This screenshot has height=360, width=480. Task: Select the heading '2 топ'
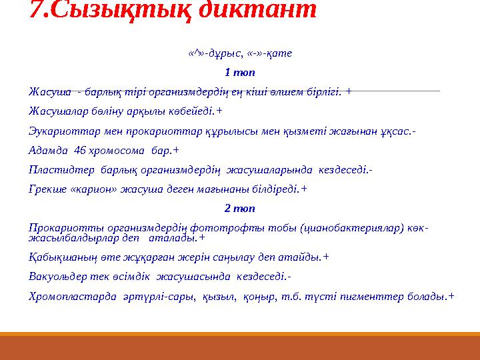coord(240,208)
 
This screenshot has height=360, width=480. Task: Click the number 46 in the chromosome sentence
coord(81,150)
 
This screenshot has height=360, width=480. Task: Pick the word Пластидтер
coord(55,169)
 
